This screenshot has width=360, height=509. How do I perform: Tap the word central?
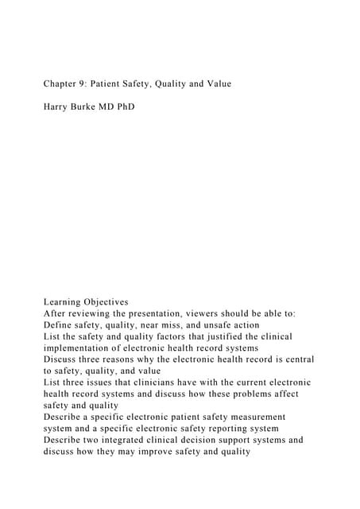click(296, 359)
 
